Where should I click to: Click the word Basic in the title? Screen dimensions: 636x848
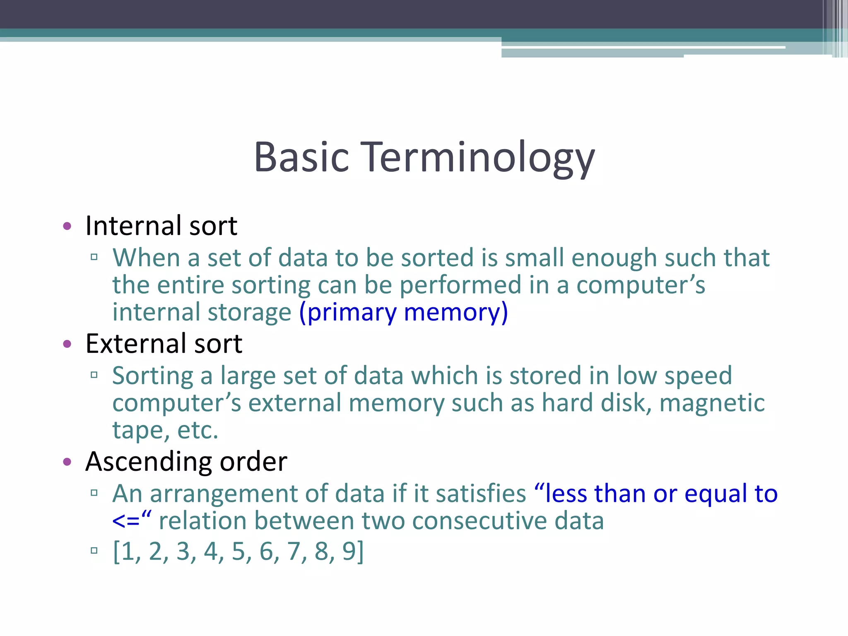(301, 157)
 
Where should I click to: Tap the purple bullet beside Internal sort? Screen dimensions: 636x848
(67, 226)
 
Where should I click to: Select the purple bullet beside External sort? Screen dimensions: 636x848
(67, 344)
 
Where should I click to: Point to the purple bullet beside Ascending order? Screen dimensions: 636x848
(67, 462)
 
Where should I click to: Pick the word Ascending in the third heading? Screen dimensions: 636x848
(149, 462)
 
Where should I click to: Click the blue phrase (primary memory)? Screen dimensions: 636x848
(403, 313)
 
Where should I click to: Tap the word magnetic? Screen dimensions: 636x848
(712, 403)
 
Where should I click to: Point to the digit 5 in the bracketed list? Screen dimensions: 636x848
(238, 552)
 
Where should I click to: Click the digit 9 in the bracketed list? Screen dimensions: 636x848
(349, 552)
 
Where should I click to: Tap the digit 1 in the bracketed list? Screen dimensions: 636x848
(128, 552)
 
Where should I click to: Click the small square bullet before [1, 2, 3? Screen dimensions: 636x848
(94, 551)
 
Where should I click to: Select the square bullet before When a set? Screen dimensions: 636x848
(94, 257)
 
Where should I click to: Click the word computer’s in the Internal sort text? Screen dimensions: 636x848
(641, 286)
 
